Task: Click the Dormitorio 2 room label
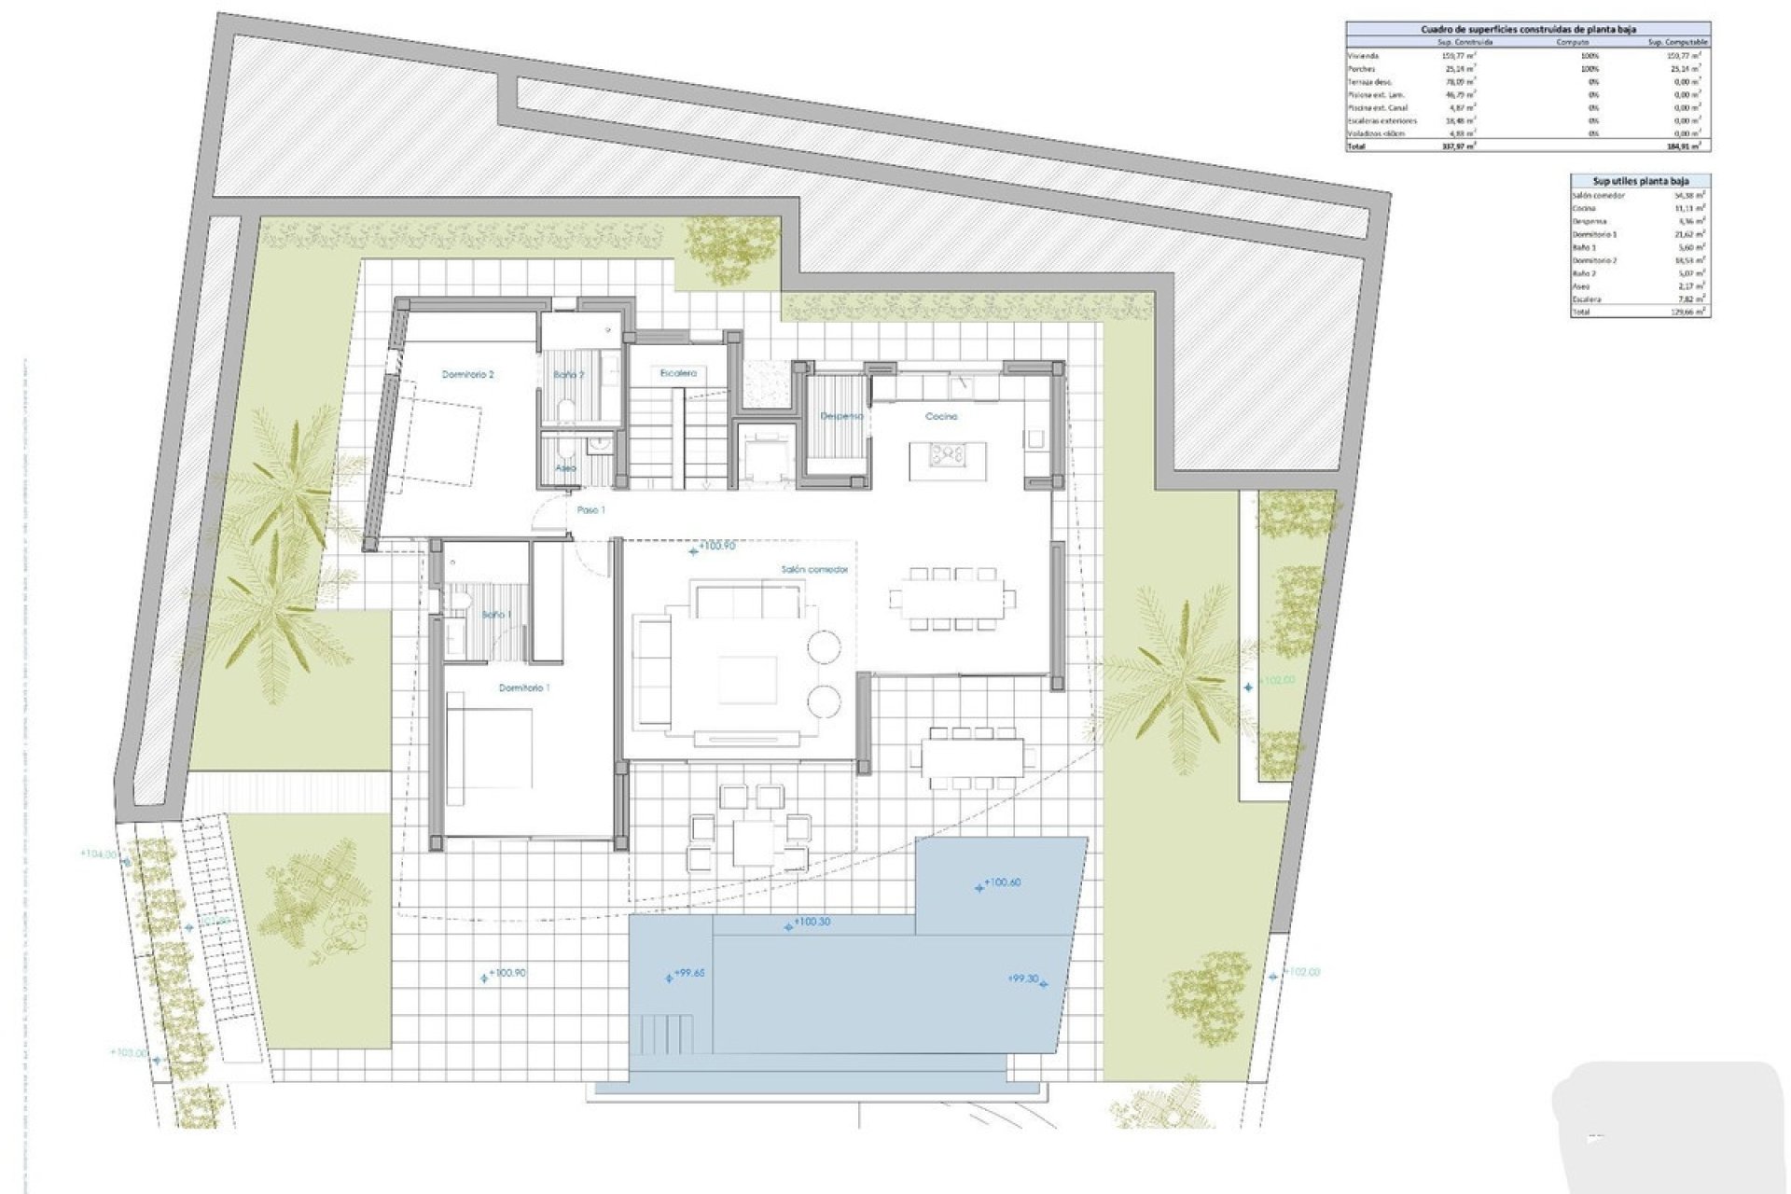click(467, 375)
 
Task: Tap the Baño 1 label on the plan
click(496, 615)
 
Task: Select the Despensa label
click(840, 416)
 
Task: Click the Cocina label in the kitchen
click(941, 416)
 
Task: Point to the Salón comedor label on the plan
click(814, 569)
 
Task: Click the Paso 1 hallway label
click(590, 510)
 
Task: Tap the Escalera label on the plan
click(678, 373)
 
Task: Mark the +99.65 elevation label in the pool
click(689, 973)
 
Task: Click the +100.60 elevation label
click(1002, 882)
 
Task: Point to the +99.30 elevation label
click(1023, 979)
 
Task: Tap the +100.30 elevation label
click(811, 922)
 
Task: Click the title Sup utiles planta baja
click(1640, 181)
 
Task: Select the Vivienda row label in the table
click(1363, 56)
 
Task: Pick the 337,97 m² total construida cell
click(1457, 146)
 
